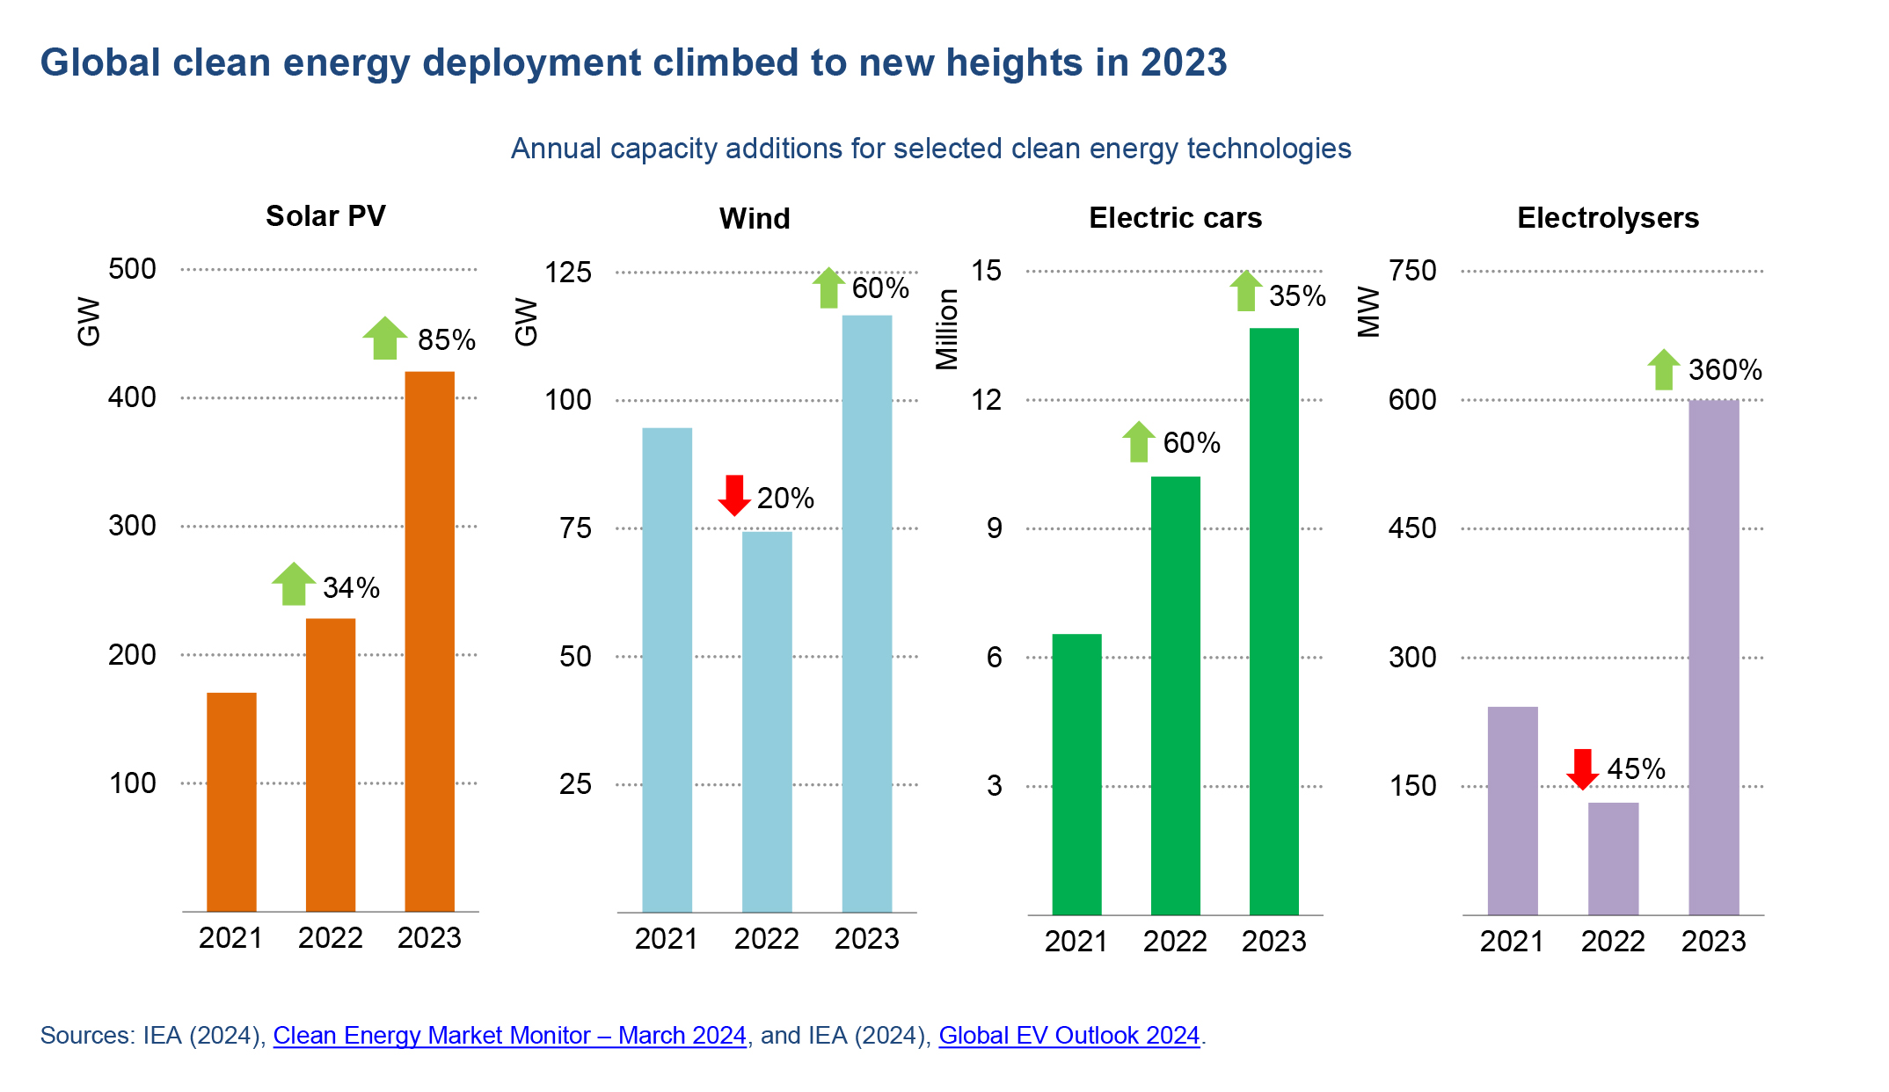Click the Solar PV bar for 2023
coord(429,641)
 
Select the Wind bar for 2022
coord(767,721)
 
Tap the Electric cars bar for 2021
coord(1076,774)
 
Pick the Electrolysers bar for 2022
coord(1613,858)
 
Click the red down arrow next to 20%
coord(734,495)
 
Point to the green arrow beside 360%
coord(1663,369)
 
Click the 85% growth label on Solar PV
coord(446,340)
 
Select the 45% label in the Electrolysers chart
coord(1636,769)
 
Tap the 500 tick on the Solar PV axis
coord(132,269)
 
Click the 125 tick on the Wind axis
coord(568,273)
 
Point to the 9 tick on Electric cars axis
coord(994,528)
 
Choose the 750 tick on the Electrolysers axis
coord(1412,271)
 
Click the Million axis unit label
coord(947,330)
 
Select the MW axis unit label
coord(1368,312)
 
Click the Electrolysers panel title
coord(1608,218)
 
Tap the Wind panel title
coord(755,219)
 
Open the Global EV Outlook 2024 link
coord(1068,1036)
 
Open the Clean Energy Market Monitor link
coord(509,1036)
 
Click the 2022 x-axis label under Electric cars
coord(1175,942)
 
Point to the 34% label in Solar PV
coord(351,587)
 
